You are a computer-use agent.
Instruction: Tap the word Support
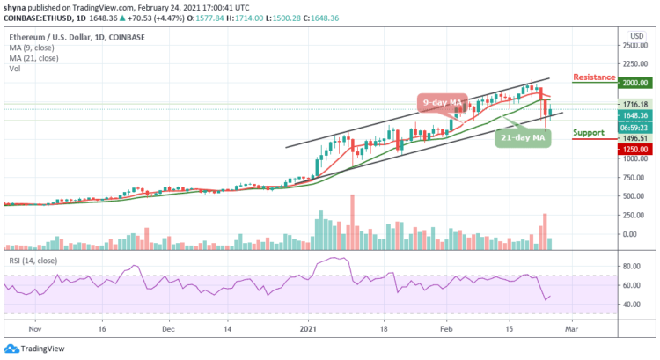click(588, 133)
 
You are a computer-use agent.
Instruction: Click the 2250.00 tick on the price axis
click(636, 63)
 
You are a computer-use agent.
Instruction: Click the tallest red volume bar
click(352, 220)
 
